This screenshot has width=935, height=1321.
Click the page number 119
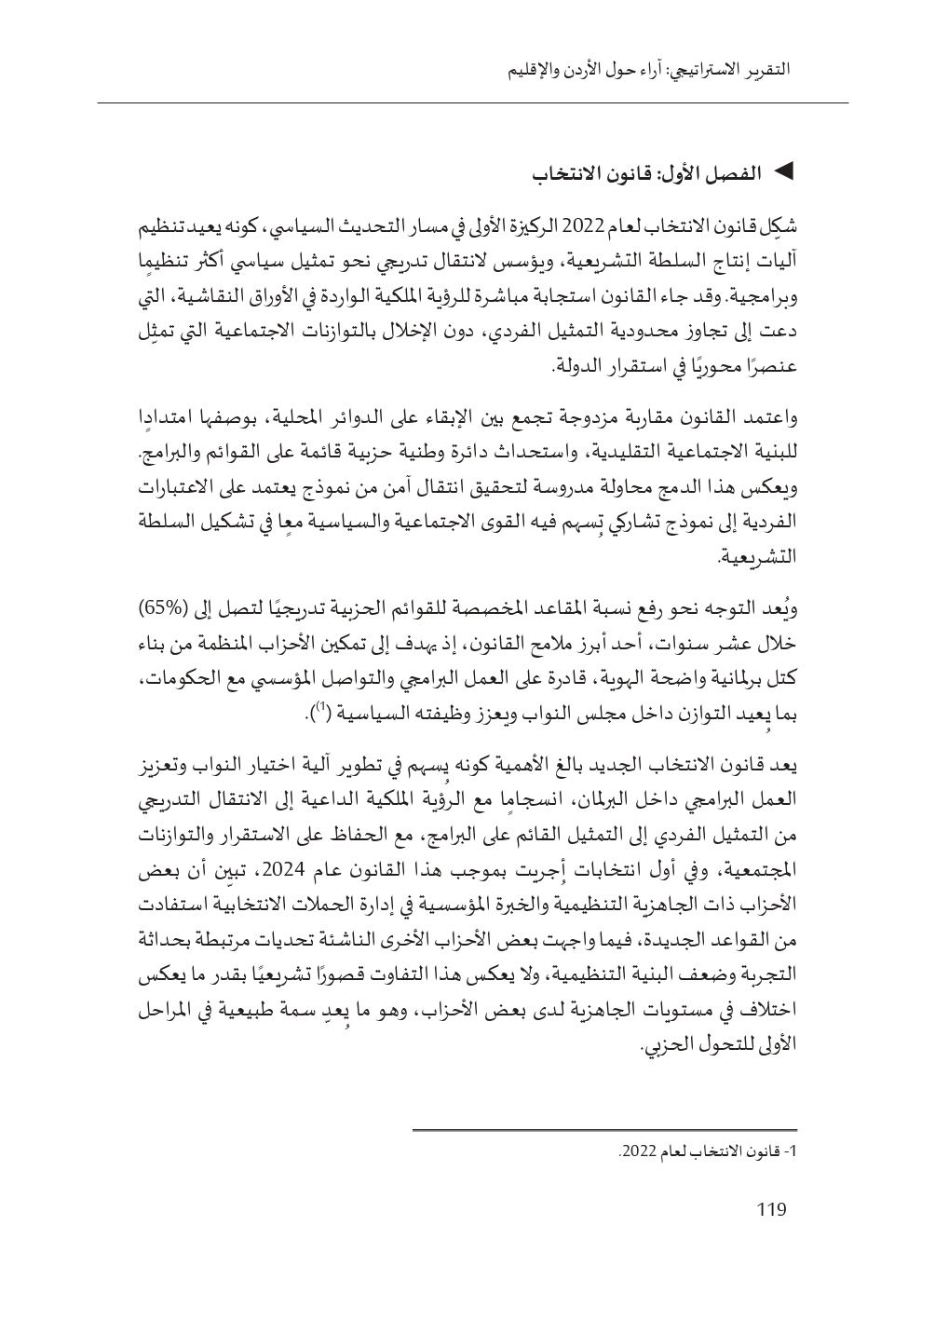(772, 1210)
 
